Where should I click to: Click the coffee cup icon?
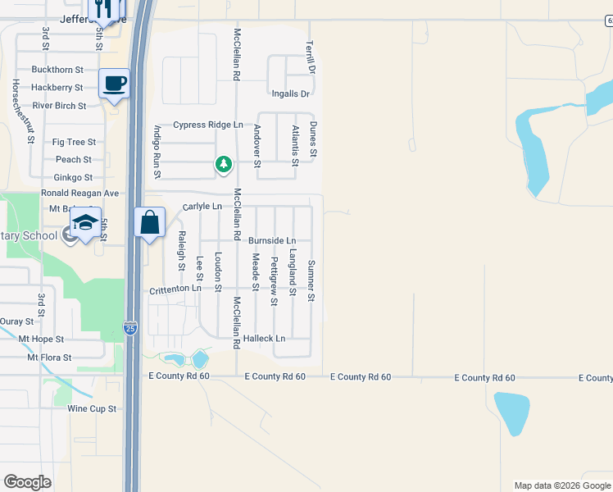(x=114, y=83)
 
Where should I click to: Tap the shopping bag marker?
(x=149, y=221)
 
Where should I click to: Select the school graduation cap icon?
(x=85, y=223)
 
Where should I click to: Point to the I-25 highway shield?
(x=130, y=328)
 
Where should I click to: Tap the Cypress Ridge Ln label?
(x=208, y=125)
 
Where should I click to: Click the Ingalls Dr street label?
(x=291, y=94)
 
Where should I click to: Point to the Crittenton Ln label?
(x=175, y=289)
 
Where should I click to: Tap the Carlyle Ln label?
(x=202, y=207)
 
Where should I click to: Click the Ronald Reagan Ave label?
(x=80, y=194)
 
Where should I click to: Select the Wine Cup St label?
(x=93, y=408)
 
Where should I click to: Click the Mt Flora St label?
(x=50, y=358)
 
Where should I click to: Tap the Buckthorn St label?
(x=57, y=71)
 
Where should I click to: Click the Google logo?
(x=27, y=482)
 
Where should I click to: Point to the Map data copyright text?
(x=562, y=485)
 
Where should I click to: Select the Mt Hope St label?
(x=57, y=339)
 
